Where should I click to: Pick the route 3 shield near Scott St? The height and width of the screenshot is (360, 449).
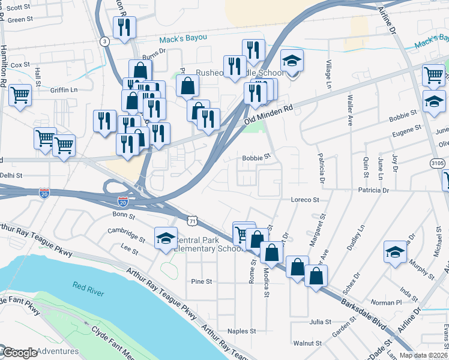coord(105,41)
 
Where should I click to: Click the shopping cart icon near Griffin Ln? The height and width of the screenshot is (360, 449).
coord(20,94)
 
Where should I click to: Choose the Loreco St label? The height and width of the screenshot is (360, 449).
coord(303,199)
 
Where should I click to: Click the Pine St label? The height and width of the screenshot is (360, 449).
coord(201,281)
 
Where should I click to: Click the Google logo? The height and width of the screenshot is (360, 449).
coord(19,353)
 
